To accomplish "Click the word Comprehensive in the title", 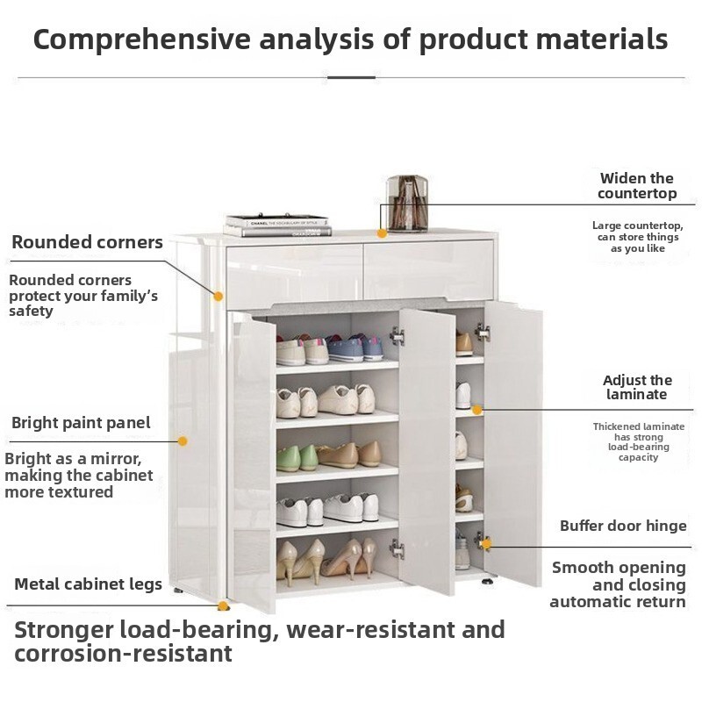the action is coord(141,39).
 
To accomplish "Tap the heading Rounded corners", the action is coord(87,242).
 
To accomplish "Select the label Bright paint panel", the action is coord(81,423).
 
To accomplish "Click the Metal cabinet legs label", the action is coord(89,584).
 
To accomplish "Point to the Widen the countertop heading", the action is coord(637,186).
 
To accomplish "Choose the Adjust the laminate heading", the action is coord(637,387).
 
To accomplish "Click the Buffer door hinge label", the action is coord(623,526).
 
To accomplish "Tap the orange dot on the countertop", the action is coord(382,233).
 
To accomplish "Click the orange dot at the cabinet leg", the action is coord(223,606).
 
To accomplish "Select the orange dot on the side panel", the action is coord(183,441).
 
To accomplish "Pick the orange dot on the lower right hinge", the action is coord(486,544).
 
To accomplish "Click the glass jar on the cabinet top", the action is coord(407,204).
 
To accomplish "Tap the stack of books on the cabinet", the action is coord(278,226).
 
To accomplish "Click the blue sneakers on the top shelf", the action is coord(355,347).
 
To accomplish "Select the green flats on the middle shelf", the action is coord(297,458).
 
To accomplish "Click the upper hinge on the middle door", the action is coord(397,336).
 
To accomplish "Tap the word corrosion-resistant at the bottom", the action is coord(123,653).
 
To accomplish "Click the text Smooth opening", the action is coord(619,568).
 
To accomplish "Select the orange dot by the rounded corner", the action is coord(218,296).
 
